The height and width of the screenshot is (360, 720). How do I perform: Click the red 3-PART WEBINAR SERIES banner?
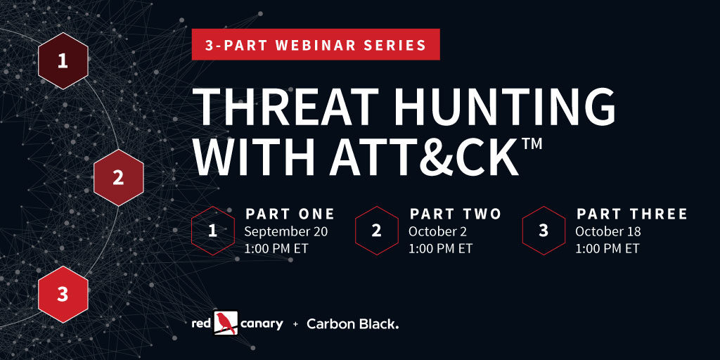pyautogui.click(x=316, y=44)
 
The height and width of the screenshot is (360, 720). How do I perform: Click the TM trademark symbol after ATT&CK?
pyautogui.click(x=532, y=143)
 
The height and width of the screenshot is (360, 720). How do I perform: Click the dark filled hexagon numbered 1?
pyautogui.click(x=63, y=60)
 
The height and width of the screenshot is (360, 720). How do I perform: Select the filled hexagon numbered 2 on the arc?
pyautogui.click(x=118, y=178)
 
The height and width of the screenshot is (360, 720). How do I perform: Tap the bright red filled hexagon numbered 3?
pyautogui.click(x=63, y=295)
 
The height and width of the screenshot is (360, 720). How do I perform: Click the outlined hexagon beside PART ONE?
pyautogui.click(x=212, y=231)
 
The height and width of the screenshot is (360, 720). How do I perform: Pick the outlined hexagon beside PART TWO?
pyautogui.click(x=377, y=231)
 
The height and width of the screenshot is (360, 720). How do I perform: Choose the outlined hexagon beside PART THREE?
pyautogui.click(x=544, y=231)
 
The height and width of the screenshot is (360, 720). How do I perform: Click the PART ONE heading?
pyautogui.click(x=290, y=214)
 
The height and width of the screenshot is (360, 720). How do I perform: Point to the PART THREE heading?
pyautogui.click(x=632, y=214)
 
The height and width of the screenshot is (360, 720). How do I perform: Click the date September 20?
pyautogui.click(x=286, y=232)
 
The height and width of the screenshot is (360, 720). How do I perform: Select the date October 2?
pyautogui.click(x=437, y=232)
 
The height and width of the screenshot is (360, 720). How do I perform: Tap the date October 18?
pyautogui.click(x=608, y=232)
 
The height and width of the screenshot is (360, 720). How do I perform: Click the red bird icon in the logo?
pyautogui.click(x=226, y=323)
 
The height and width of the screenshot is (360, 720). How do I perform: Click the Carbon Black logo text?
pyautogui.click(x=353, y=324)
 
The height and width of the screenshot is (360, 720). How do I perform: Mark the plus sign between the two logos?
pyautogui.click(x=295, y=325)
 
